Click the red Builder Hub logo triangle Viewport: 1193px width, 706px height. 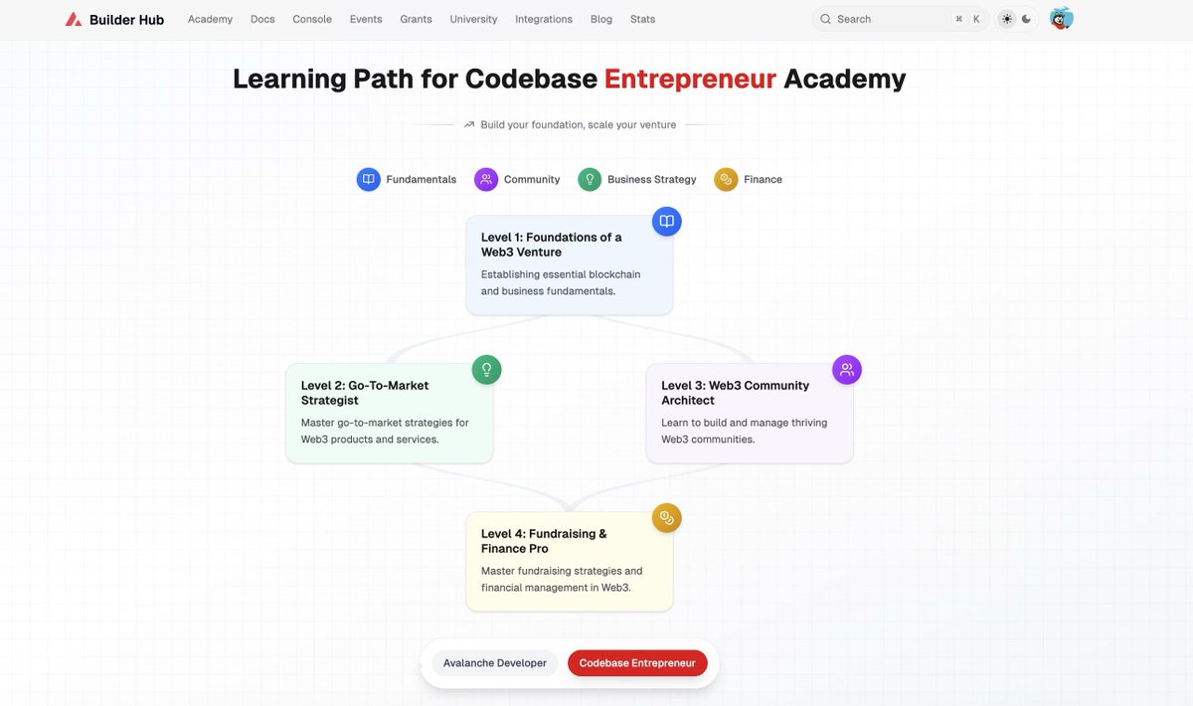[74, 19]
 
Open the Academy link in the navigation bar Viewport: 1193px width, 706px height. [210, 19]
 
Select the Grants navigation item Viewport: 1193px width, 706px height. [416, 19]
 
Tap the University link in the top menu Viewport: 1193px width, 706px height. [473, 19]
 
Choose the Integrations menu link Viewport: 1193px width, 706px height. [544, 19]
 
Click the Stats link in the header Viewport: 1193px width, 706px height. [642, 19]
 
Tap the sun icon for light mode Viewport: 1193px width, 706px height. [1007, 19]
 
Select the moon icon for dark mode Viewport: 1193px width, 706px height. [1027, 19]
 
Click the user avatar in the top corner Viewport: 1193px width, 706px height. [1062, 19]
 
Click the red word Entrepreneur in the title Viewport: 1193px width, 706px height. [690, 79]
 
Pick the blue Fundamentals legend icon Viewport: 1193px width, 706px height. [369, 179]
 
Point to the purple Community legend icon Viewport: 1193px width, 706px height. [486, 179]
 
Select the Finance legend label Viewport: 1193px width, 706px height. [763, 179]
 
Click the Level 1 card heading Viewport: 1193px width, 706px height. [551, 245]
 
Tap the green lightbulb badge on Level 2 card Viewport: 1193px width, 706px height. [487, 370]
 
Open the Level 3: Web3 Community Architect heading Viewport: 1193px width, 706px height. [735, 393]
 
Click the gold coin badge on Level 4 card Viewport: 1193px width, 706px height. [667, 518]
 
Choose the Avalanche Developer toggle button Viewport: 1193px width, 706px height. [495, 663]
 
